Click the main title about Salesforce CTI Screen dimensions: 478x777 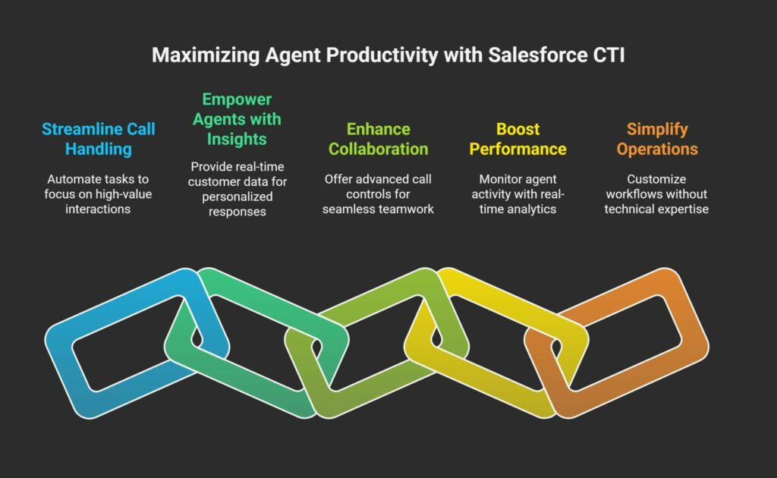388,56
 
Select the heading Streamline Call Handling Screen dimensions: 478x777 99,139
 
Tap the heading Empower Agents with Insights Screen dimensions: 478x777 237,119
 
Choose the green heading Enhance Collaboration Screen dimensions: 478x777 379,139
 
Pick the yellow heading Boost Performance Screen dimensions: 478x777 517,139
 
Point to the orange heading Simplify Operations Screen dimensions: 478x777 656,139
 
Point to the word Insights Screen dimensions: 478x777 237,139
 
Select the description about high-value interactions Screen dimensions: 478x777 99,193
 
